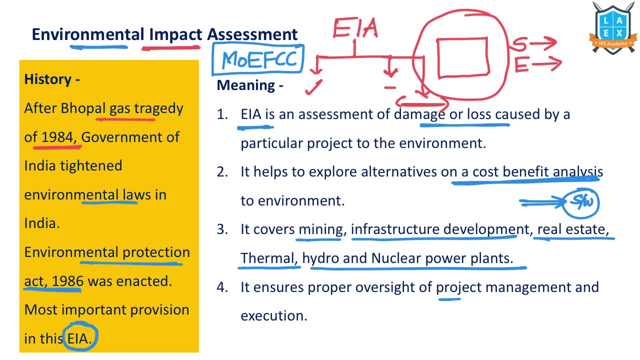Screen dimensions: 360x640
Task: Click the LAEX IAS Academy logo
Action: coord(614,28)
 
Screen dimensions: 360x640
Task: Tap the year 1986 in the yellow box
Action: coord(67,281)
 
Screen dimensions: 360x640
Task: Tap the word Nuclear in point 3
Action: coord(396,258)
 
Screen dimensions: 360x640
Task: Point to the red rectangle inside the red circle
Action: coord(462,55)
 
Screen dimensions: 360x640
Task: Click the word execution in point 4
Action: coord(273,316)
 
